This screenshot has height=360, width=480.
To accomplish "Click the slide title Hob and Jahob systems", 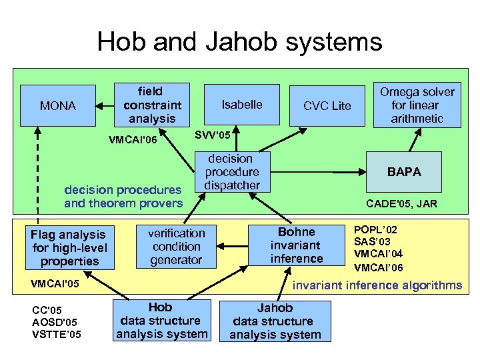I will [239, 41].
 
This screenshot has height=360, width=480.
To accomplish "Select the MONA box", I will [58, 105].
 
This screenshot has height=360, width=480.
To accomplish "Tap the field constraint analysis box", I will [152, 105].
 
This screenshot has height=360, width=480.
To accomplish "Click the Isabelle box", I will [242, 105].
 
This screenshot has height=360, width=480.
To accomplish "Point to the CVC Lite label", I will [327, 106].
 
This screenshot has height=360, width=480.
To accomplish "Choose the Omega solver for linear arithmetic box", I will [417, 105].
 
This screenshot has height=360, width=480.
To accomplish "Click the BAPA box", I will [405, 172].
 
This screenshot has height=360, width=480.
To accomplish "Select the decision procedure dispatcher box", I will [231, 172].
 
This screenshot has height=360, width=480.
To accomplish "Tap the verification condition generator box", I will [176, 246].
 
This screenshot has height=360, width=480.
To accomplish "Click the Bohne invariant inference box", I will [297, 245].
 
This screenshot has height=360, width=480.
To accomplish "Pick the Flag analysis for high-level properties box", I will [69, 247].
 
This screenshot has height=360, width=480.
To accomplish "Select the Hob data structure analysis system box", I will [162, 321].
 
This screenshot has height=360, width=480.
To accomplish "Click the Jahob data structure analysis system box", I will [275, 321].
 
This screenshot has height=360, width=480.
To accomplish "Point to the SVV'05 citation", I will [213, 135].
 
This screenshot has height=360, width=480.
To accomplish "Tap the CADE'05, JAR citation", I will [402, 204].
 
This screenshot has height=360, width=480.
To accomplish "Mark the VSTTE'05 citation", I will [57, 334].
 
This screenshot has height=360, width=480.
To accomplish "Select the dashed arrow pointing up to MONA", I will [38, 173].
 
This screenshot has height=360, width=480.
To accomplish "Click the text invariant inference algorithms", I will [378, 285].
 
